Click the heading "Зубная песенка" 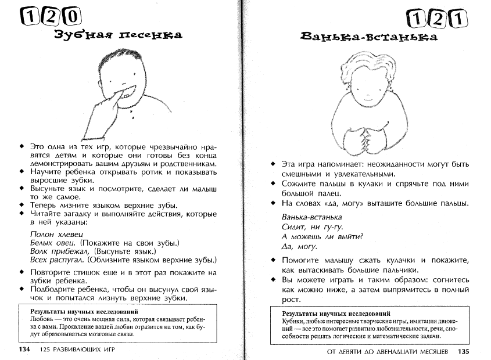[x=117, y=35]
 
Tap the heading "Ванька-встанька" [x=370, y=38]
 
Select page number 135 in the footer [x=463, y=351]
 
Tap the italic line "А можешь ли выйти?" [x=322, y=236]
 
